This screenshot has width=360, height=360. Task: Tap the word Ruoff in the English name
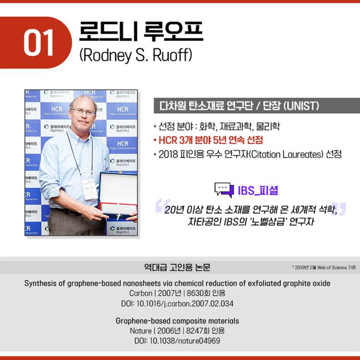coord(173,55)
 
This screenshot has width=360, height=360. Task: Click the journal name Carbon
coord(140,293)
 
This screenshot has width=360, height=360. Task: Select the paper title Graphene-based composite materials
coord(177,321)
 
